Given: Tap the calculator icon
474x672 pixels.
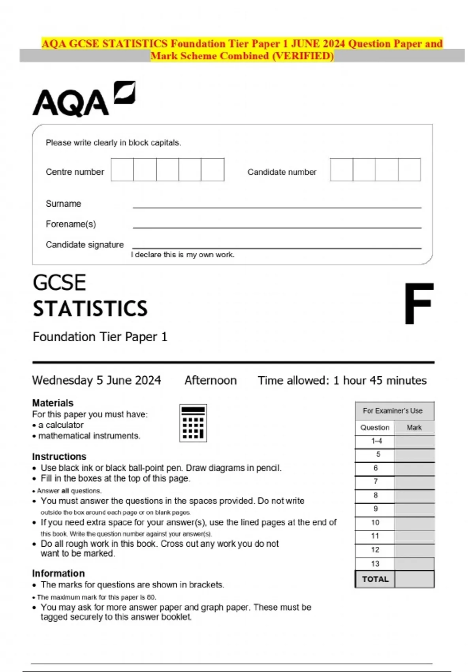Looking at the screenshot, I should tap(193, 423).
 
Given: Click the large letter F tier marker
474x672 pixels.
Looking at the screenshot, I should tap(419, 304).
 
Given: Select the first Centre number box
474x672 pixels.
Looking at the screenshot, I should tap(122, 170).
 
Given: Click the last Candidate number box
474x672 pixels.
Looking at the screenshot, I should tap(409, 170).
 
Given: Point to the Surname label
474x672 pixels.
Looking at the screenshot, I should tap(63, 204).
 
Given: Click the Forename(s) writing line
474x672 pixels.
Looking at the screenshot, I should tap(276, 227).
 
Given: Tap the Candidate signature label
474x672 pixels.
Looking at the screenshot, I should tap(85, 245).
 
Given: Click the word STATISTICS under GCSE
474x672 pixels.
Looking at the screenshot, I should tap(90, 309).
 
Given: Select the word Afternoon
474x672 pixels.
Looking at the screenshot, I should tap(211, 380).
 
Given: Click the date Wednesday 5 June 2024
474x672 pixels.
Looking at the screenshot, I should tap(96, 380).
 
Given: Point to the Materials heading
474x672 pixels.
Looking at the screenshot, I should tap(53, 403).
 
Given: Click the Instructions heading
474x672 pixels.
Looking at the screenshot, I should tap(59, 457).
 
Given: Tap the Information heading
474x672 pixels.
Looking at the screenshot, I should tap(58, 574).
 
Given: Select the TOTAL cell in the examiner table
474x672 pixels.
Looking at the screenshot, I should tap(375, 579).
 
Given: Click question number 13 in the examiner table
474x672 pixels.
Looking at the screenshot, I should tap(375, 564).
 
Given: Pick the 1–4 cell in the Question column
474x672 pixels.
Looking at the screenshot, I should tap(376, 441).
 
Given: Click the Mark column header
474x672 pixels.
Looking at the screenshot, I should tap(414, 427).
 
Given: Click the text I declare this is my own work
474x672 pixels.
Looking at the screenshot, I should tap(183, 255).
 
